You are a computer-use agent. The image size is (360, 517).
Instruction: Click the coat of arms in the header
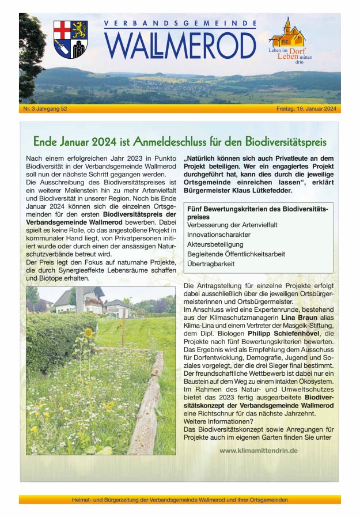pyautogui.click(x=70, y=39)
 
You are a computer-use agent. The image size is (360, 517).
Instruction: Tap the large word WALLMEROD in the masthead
pyautogui.click(x=180, y=46)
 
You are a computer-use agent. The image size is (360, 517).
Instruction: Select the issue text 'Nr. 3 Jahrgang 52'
pyautogui.click(x=46, y=109)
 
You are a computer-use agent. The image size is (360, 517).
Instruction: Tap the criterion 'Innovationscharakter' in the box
pyautogui.click(x=219, y=235)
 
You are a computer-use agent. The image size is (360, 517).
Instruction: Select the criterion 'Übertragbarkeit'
pyautogui.click(x=211, y=263)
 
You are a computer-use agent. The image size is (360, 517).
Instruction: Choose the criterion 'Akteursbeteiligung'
pyautogui.click(x=215, y=244)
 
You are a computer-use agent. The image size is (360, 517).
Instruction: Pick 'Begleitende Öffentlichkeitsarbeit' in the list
pyautogui.click(x=236, y=254)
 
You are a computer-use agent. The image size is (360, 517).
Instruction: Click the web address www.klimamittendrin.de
pyautogui.click(x=259, y=450)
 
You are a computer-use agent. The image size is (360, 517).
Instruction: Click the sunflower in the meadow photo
pyautogui.click(x=88, y=333)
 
